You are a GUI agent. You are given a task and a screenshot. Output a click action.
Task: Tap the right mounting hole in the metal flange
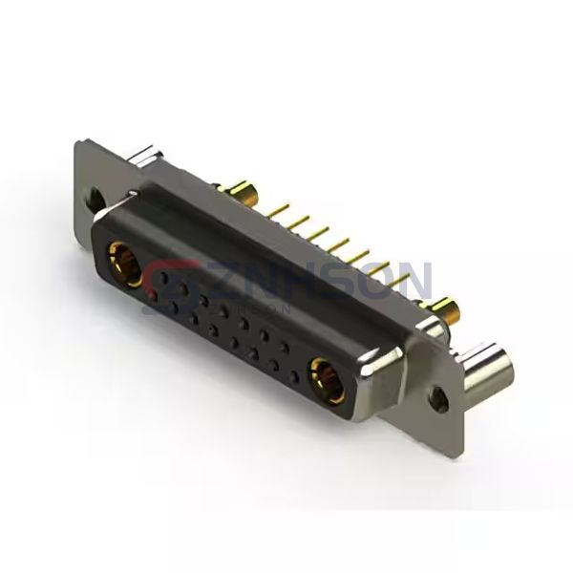(438, 393)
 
